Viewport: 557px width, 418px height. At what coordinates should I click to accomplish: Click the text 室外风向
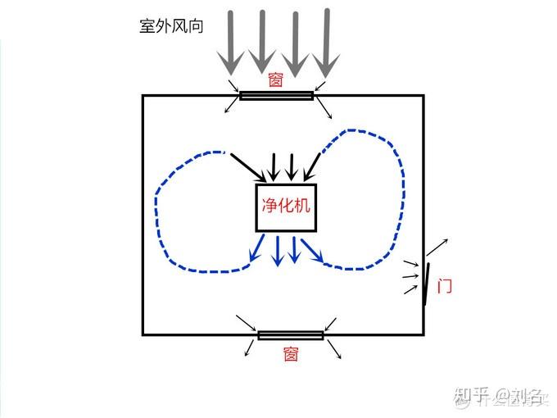171,25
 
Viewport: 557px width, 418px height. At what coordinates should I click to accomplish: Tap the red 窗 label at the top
275,80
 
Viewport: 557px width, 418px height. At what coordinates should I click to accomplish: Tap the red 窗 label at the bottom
291,354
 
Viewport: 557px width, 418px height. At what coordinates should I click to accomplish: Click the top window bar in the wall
276,95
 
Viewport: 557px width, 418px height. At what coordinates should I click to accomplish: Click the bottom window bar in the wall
291,335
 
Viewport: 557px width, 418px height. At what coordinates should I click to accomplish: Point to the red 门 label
445,287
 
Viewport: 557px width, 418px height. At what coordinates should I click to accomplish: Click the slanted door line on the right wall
426,283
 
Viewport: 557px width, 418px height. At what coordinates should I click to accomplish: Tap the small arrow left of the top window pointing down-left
229,107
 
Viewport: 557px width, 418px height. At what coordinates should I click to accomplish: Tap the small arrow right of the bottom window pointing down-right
334,351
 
